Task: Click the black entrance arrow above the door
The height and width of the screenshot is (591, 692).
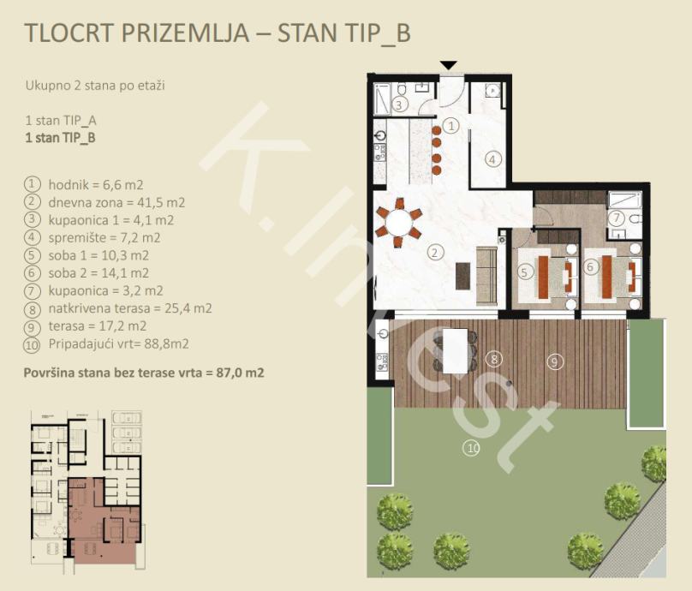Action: (x=449, y=65)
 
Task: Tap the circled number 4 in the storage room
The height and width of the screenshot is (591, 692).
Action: (x=493, y=159)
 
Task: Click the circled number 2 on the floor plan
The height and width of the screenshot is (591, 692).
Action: (x=435, y=253)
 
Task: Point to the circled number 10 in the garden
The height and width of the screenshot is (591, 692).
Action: (x=472, y=449)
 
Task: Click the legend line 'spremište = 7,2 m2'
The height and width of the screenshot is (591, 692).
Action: (x=104, y=238)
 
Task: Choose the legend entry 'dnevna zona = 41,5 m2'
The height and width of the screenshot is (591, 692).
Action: (x=116, y=203)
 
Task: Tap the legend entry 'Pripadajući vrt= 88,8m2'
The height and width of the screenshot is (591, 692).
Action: (x=119, y=343)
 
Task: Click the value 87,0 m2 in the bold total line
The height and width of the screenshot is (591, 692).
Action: (x=240, y=373)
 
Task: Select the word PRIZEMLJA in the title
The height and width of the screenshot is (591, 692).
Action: (x=185, y=33)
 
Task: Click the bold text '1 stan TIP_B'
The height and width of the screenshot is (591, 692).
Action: (x=60, y=138)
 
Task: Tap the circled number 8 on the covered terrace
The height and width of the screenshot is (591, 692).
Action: (x=494, y=358)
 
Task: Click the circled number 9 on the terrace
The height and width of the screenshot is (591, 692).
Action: (x=555, y=361)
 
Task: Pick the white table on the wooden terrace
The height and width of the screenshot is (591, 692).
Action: (x=456, y=350)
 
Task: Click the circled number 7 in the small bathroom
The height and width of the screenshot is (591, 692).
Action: (x=617, y=218)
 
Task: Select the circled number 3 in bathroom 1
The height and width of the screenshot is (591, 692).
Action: (x=399, y=105)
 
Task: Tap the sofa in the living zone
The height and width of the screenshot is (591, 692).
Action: (x=487, y=276)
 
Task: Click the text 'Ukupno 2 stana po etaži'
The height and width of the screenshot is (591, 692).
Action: (x=95, y=85)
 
